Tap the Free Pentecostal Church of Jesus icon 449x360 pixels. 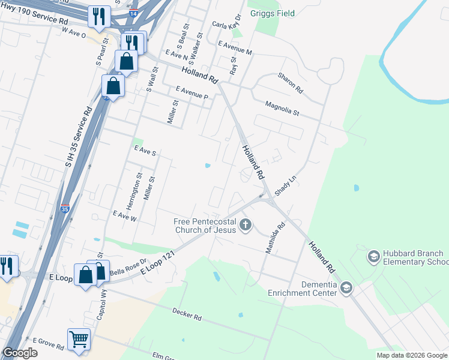(244, 226)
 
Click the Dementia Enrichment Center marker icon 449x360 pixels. (346, 289)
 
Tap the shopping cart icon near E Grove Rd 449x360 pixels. (79, 339)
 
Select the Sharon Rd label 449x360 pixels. (290, 82)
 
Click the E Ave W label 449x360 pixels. (125, 216)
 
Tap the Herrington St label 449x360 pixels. (139, 188)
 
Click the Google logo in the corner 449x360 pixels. (20, 353)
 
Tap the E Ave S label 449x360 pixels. (145, 150)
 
